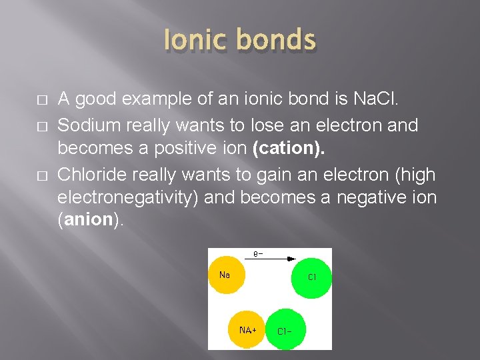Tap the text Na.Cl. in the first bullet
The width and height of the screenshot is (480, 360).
[376, 100]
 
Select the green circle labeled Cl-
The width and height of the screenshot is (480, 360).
[285, 329]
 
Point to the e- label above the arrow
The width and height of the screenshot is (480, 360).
[258, 254]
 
